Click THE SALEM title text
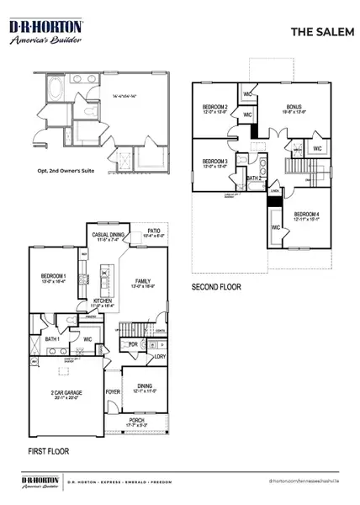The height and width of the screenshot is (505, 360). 315,31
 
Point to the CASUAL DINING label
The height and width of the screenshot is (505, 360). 113,237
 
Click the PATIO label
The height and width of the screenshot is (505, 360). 154,230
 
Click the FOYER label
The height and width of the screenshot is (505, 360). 113,391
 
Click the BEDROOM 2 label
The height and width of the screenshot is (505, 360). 215,107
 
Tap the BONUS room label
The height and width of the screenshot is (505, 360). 294,107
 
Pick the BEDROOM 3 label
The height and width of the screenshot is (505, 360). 215,161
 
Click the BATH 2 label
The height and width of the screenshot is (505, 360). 253,178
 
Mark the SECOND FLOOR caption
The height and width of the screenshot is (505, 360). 217,286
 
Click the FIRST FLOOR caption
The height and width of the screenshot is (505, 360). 47,451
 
